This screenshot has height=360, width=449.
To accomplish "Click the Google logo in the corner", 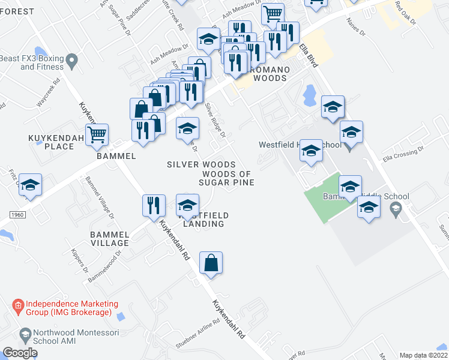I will tap(20, 353).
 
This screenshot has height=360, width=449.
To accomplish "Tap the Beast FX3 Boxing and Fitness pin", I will tap(72, 59).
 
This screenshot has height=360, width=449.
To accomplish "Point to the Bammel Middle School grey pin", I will tap(395, 209).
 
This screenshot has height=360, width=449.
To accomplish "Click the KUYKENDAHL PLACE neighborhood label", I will tap(51, 142).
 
